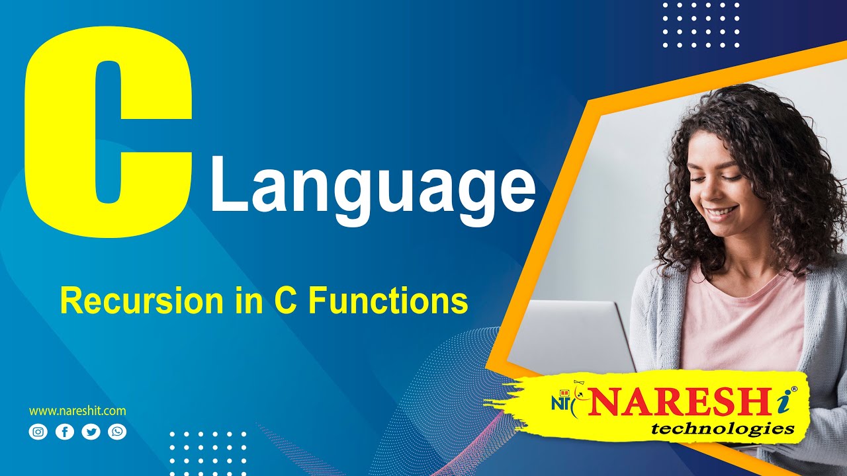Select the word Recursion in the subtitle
pyautogui.click(x=141, y=301)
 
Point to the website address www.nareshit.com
pyautogui.click(x=77, y=411)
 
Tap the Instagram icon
pyautogui.click(x=38, y=432)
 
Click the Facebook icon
pyautogui.click(x=65, y=432)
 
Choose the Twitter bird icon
pyautogui.click(x=91, y=432)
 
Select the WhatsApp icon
pyautogui.click(x=118, y=432)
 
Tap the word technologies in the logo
pyautogui.click(x=723, y=430)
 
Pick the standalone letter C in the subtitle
pyautogui.click(x=285, y=301)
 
